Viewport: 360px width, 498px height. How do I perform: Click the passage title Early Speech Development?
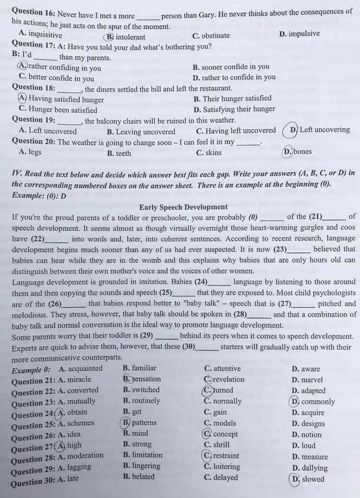(x=183, y=207)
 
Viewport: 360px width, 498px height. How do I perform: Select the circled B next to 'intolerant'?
(x=110, y=37)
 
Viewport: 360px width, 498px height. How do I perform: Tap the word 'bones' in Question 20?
(x=302, y=152)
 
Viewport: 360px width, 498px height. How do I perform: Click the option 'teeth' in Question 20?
(x=123, y=153)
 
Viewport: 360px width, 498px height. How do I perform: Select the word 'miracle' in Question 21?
(x=79, y=379)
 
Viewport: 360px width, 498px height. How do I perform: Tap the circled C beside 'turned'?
(x=207, y=390)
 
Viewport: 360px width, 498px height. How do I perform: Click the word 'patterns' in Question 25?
(x=144, y=423)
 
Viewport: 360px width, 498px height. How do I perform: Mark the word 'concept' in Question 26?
(x=225, y=434)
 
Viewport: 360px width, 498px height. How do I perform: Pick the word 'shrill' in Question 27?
(x=221, y=445)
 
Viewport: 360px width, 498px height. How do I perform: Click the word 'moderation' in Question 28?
(x=85, y=455)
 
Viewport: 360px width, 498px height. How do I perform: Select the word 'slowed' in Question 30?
(x=313, y=479)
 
